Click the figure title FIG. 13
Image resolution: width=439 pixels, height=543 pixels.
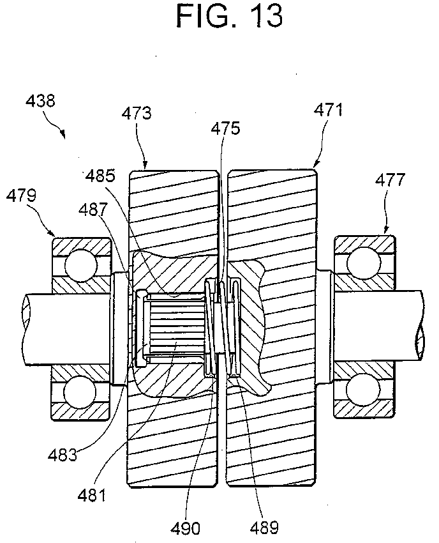click(229, 16)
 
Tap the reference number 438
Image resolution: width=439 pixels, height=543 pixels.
click(40, 101)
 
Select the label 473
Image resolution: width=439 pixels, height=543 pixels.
click(137, 113)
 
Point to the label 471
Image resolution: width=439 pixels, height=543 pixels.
click(328, 110)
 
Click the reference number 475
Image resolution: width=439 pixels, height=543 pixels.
click(225, 128)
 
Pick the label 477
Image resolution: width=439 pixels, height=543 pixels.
click(390, 180)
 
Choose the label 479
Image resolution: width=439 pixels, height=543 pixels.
click(21, 195)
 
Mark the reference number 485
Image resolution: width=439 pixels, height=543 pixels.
click(100, 176)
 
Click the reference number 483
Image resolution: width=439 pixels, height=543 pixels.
click(63, 455)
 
